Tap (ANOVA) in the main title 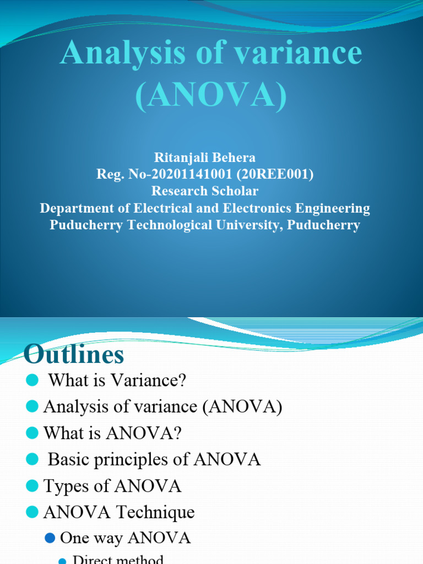(211, 95)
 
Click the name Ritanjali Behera (204, 158)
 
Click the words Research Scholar (205, 192)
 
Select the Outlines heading (74, 354)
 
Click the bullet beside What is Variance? (32, 380)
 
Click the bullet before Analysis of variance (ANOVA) (32, 406)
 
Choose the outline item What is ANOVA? (112, 433)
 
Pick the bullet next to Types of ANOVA (32, 486)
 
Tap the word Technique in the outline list (156, 512)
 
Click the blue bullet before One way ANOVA (51, 538)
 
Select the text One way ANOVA (125, 538)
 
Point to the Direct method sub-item (118, 560)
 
